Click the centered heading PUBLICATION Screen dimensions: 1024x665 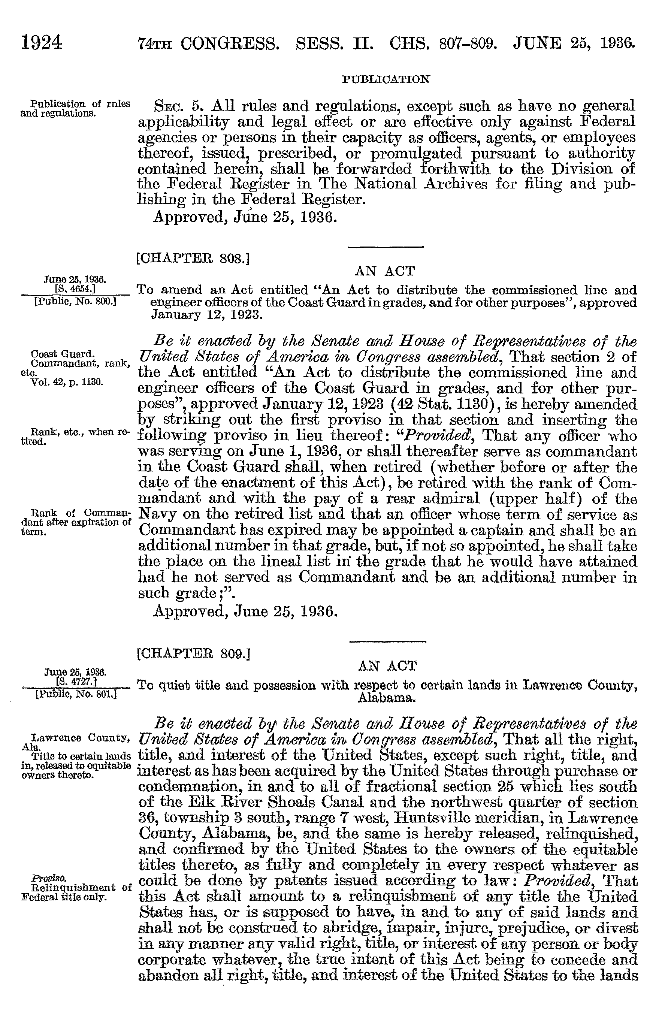pos(386,79)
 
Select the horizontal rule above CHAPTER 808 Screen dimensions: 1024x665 pos(386,247)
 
